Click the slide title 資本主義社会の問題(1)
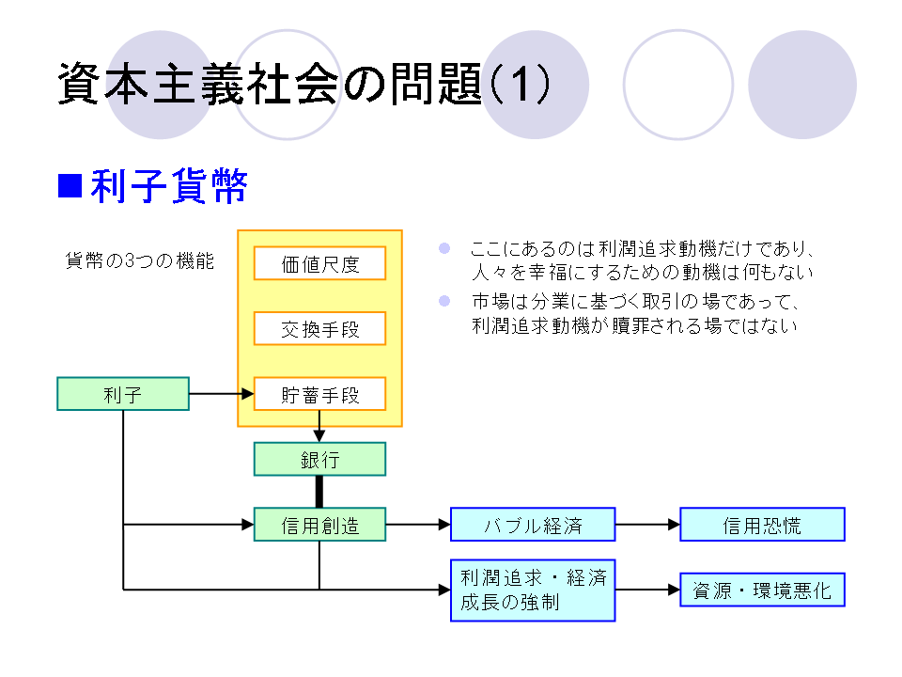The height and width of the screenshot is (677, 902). point(303,86)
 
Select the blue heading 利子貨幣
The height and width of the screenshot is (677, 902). point(169,187)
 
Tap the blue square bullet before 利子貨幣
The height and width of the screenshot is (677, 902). point(70,186)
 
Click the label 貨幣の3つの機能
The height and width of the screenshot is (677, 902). point(139,262)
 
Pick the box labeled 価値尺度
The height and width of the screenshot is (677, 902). point(319,264)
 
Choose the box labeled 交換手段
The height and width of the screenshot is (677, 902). point(319,329)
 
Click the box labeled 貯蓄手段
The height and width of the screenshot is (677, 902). point(319,395)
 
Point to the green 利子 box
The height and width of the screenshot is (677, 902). point(123,394)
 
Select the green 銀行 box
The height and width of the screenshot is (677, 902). point(319,459)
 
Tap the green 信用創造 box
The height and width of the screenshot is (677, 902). point(319,525)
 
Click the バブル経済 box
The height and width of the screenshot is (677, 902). point(533,525)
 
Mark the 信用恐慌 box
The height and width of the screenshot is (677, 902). point(762,525)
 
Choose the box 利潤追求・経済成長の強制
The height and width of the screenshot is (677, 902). point(533,590)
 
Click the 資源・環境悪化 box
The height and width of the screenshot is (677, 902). point(762,590)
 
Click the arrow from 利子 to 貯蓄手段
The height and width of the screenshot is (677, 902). point(221,394)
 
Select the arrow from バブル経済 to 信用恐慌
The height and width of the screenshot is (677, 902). point(647,525)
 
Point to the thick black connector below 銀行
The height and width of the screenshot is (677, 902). point(319,492)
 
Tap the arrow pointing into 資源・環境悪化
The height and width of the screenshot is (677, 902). point(647,590)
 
